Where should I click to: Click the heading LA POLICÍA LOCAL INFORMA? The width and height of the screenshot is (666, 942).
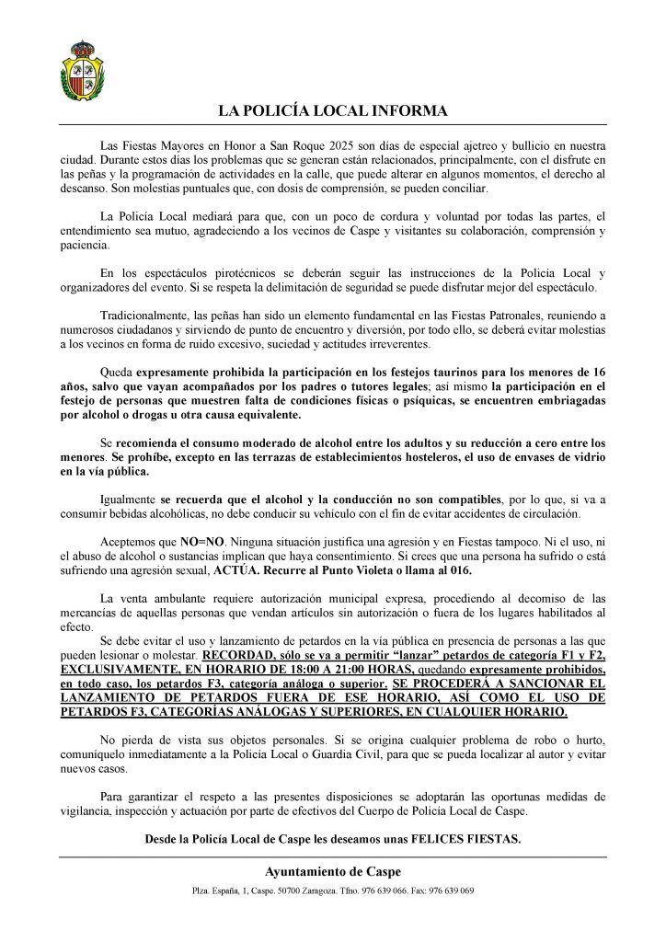(x=332, y=111)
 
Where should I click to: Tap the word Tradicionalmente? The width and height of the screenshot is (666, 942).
(x=144, y=314)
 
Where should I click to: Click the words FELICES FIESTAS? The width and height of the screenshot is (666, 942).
(x=467, y=838)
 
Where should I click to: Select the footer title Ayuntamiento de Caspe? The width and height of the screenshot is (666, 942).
(x=332, y=872)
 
